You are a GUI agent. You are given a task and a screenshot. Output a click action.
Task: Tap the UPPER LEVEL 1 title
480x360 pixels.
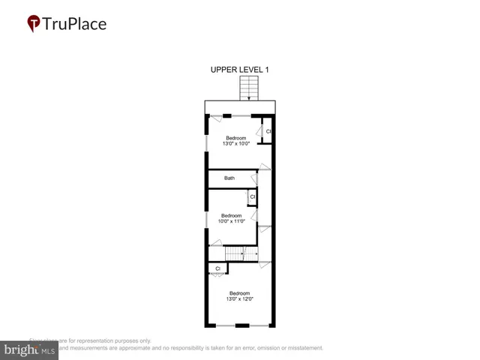pos(239,70)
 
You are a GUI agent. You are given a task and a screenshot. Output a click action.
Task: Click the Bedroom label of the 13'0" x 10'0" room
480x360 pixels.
pos(237,138)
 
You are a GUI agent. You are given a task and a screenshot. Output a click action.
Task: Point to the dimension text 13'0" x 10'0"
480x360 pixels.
pos(237,144)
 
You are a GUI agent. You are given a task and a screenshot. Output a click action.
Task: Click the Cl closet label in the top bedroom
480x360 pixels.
pos(268,132)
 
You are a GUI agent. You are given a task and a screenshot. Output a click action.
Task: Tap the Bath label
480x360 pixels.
pos(229,178)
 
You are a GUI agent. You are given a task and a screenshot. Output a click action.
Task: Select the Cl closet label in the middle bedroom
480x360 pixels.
pos(253,197)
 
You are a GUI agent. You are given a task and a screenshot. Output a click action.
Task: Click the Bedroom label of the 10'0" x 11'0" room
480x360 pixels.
pos(231,216)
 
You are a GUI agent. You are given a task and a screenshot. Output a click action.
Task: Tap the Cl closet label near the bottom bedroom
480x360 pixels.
pos(217,268)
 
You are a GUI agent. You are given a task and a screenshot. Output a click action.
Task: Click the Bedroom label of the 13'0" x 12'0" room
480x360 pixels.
pos(239,293)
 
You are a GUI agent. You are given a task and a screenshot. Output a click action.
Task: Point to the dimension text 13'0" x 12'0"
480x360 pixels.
pos(239,299)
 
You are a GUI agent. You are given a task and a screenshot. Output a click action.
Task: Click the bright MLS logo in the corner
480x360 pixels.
pos(30,349)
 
